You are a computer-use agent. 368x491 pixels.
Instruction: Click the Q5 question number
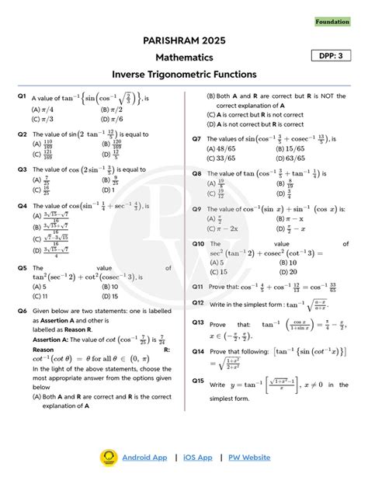click(23, 268)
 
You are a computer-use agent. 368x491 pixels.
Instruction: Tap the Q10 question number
click(198, 243)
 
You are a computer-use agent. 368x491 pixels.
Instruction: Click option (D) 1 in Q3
click(109, 190)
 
